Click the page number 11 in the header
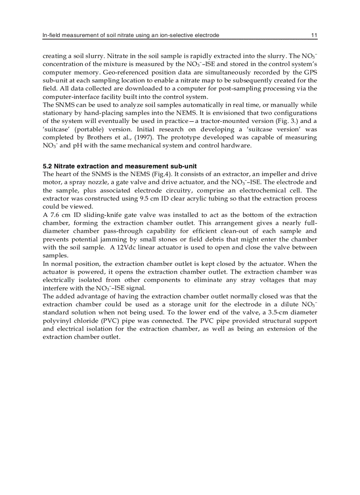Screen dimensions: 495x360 click(x=314, y=35)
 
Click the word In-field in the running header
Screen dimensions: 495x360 click(x=51, y=35)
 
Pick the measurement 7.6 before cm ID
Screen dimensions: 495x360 click(x=54, y=215)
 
